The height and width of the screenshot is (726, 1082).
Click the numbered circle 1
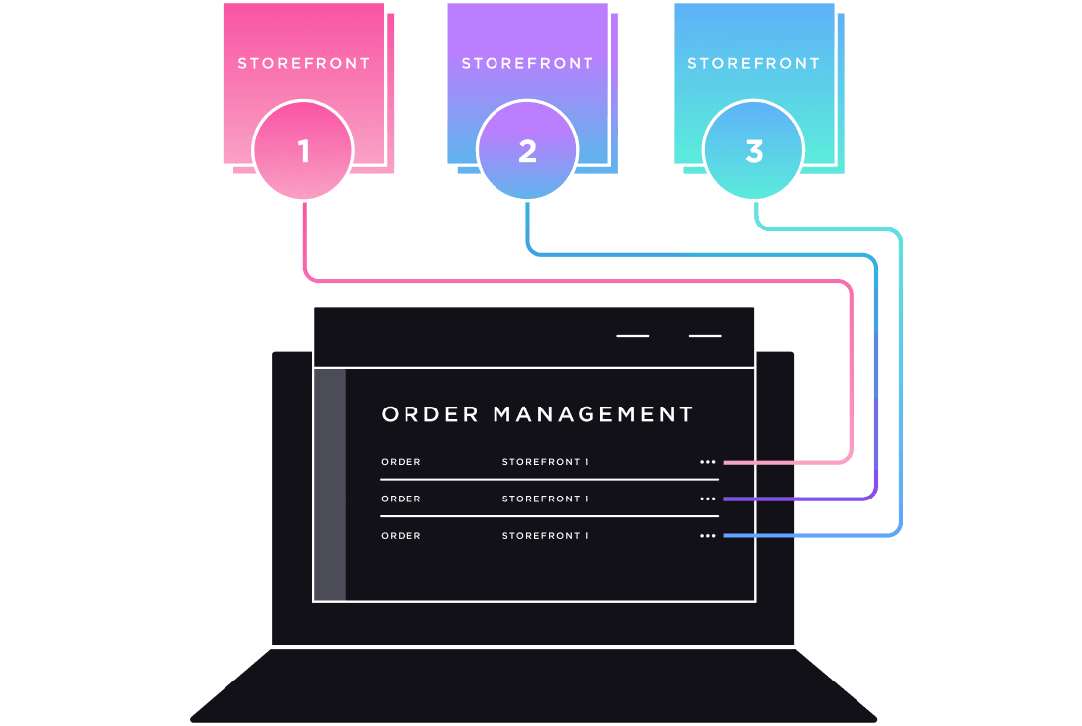coord(303,151)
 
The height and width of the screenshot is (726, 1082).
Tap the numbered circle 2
coord(527,151)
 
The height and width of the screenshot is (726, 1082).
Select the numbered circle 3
coord(754,151)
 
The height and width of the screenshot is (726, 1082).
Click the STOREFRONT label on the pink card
coord(304,63)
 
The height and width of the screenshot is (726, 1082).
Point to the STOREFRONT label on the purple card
coord(527,63)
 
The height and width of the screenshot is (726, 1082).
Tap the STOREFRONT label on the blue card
coord(754,63)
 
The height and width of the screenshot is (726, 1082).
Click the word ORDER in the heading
coord(430,414)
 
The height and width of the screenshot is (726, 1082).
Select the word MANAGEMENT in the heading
coord(593,414)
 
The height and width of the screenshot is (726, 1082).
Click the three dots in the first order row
coord(707,462)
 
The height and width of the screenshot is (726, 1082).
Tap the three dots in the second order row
coord(707,499)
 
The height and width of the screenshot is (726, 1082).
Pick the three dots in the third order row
coord(707,535)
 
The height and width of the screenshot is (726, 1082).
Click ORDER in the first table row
coord(401,462)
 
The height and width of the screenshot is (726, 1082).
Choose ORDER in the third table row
coord(401,535)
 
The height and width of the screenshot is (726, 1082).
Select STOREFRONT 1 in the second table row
coord(545,499)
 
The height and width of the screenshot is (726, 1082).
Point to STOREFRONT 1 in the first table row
coord(545,462)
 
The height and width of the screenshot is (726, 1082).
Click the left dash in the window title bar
coord(633,336)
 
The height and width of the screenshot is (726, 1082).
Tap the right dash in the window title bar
coord(705,336)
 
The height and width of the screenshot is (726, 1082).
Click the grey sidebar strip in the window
coord(330,485)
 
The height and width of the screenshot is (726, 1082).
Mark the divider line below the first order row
coord(549,480)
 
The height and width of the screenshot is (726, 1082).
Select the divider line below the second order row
coord(549,516)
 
